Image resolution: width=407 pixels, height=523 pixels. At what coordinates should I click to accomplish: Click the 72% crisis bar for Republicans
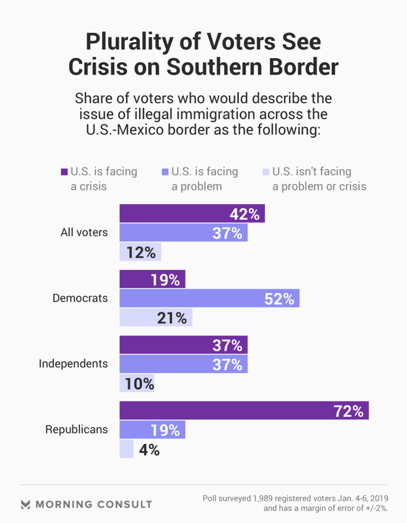click(244, 411)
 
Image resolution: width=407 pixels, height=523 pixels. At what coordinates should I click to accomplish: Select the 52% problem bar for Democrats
click(209, 299)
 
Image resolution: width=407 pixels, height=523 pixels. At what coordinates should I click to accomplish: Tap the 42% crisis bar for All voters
click(192, 213)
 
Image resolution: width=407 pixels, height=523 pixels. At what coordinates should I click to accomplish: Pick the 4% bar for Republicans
click(126, 449)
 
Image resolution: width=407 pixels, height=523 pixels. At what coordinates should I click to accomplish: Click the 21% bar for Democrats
click(155, 318)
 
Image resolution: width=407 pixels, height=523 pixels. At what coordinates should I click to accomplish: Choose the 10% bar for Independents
click(137, 384)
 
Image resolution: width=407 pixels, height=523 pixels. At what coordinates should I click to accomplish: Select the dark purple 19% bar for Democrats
click(152, 279)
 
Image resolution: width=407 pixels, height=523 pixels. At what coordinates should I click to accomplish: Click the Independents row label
click(74, 364)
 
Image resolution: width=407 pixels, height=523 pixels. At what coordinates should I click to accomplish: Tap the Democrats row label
click(80, 298)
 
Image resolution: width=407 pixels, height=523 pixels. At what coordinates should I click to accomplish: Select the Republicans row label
click(77, 429)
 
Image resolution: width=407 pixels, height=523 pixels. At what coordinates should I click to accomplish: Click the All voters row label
click(84, 232)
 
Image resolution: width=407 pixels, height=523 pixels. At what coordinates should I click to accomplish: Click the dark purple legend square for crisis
click(64, 172)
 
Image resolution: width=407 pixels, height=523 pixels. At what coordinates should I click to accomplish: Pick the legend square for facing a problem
click(165, 172)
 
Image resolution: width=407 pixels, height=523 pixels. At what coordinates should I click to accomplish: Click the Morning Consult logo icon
click(26, 504)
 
